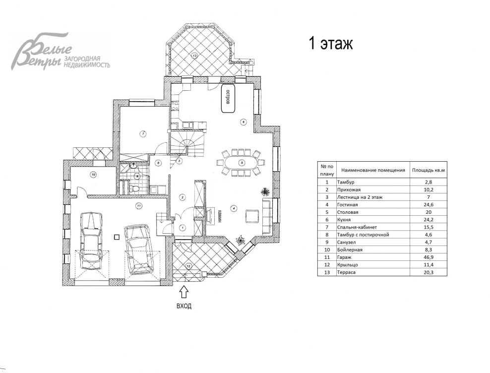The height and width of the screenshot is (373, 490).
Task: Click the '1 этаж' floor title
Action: pos(331,44)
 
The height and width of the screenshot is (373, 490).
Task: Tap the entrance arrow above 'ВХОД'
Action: pos(184,292)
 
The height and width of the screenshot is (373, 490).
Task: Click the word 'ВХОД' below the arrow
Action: pos(184,306)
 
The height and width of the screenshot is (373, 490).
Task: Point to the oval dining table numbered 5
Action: pos(241,163)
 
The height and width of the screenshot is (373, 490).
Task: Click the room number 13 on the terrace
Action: pos(194,56)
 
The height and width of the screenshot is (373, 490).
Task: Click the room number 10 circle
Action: pos(93,175)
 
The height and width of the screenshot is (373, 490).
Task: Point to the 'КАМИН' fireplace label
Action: pos(220,216)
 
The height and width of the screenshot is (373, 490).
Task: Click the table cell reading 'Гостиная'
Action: pos(348,205)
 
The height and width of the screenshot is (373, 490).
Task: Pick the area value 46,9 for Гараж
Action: pos(429,257)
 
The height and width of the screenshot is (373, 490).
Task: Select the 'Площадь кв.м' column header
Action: pos(428,171)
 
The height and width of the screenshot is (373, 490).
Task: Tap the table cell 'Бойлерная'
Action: pos(350,250)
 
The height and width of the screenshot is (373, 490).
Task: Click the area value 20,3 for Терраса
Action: pos(429,272)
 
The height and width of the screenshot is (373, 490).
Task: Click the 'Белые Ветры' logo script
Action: pos(41,52)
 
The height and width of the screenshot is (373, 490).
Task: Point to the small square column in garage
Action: pos(117,237)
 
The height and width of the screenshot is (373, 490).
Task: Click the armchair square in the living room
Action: pos(252,216)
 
